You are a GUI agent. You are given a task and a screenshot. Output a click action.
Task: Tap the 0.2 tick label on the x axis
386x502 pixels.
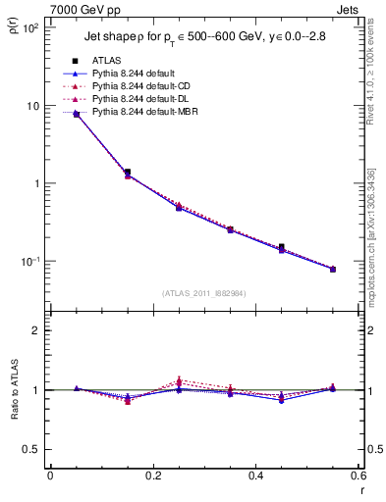pos(152,476)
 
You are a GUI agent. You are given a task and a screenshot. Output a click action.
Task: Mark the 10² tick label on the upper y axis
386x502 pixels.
pos(28,28)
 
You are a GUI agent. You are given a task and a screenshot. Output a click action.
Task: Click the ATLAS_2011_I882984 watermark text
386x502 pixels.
pos(203,293)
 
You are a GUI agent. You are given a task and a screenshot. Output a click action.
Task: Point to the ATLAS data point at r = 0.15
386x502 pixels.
pos(128,173)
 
